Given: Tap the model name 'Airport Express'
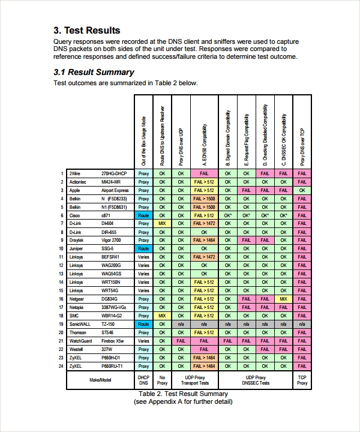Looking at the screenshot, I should click(115, 190).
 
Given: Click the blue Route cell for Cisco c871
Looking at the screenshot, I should click(143, 215).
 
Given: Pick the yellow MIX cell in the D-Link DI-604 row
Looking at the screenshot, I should click(162, 223).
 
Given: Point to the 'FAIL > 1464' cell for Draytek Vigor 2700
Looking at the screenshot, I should click(203, 240).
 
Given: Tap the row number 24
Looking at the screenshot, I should click(61, 365).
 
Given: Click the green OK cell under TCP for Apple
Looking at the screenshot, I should click(302, 190).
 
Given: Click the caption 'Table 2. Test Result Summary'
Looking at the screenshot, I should click(183, 394).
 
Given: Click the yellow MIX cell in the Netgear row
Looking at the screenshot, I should click(284, 299).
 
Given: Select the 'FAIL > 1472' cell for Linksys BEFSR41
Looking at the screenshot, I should click(203, 257).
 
